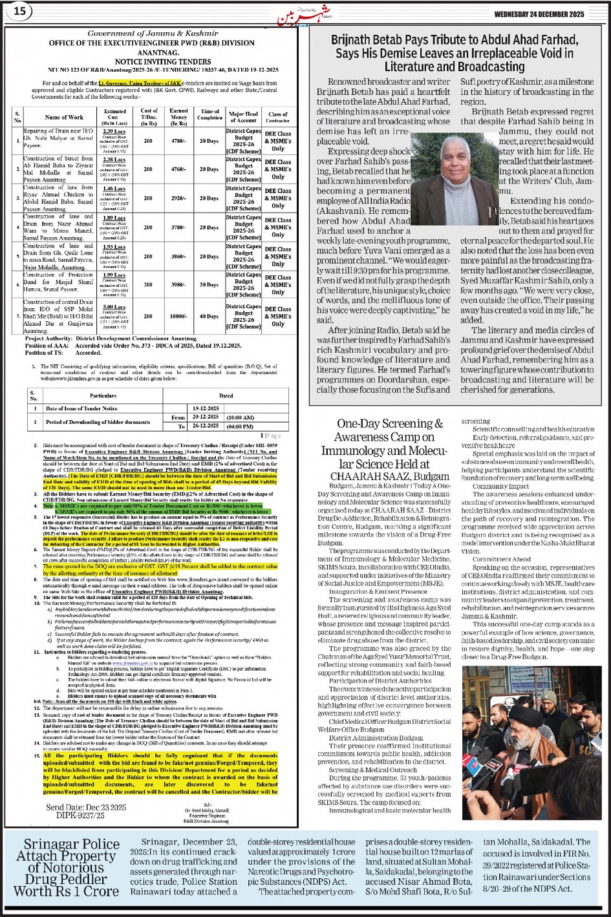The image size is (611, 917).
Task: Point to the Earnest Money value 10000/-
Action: point(179,316)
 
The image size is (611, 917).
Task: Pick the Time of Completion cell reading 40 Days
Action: point(209,316)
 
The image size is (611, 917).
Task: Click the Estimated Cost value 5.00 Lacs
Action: point(114,307)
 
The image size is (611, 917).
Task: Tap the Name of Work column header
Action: point(64,117)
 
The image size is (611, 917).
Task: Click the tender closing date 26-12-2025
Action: point(206,427)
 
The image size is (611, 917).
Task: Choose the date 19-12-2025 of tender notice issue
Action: point(206,408)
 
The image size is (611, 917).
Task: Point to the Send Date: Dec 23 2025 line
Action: point(86,807)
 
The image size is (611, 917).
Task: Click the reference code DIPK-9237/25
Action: point(76,816)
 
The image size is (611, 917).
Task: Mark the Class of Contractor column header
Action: point(278,117)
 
